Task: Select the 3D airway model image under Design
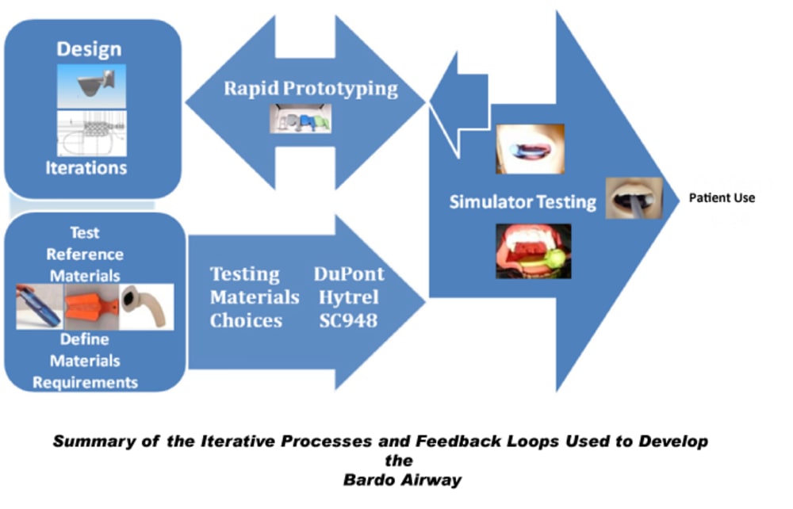pos(91,86)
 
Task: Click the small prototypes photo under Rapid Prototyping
pos(299,120)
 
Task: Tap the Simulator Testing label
pos(523,201)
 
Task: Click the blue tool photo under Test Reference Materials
pos(40,307)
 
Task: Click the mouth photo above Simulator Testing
pos(530,149)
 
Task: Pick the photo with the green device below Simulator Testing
pos(533,251)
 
